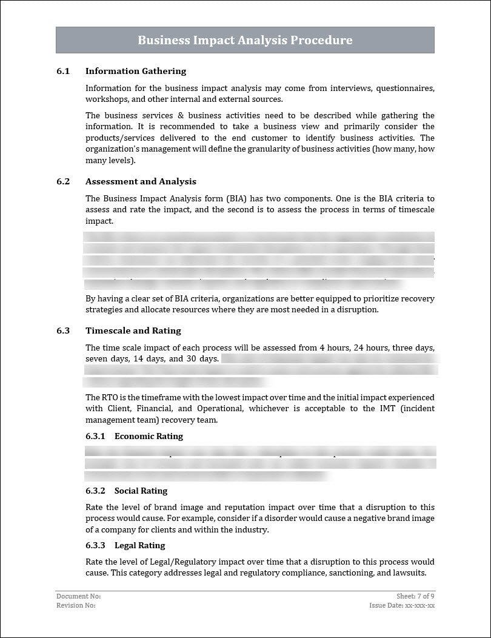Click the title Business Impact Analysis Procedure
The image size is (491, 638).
click(x=245, y=41)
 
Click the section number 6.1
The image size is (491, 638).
click(x=63, y=72)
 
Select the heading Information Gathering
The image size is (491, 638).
click(x=136, y=72)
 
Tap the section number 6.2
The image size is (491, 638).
click(x=63, y=182)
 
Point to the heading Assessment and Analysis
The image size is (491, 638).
click(x=141, y=182)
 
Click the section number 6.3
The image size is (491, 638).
click(x=63, y=331)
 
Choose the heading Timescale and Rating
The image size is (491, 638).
click(x=133, y=331)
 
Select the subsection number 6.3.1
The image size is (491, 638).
click(x=95, y=437)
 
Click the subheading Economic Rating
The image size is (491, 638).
click(x=149, y=437)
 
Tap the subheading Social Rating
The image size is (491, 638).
click(x=141, y=491)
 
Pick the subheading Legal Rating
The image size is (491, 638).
click(x=139, y=546)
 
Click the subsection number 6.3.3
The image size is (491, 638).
click(x=95, y=546)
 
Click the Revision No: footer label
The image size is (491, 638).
click(x=76, y=605)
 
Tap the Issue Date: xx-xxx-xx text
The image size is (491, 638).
click(x=402, y=605)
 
